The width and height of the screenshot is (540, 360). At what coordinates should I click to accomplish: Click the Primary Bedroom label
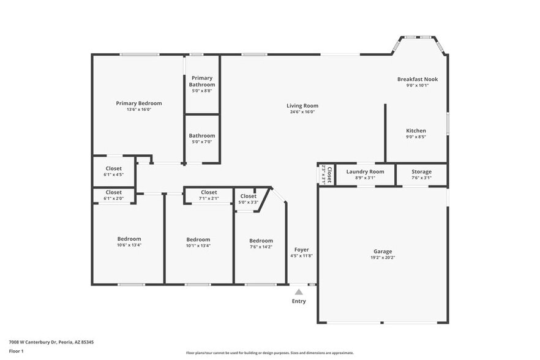click(139, 103)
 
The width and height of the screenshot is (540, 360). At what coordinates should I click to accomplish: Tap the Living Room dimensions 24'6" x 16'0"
click(302, 112)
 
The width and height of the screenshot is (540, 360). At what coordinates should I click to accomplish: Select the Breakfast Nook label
click(418, 79)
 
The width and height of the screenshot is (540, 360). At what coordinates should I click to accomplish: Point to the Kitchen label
click(416, 130)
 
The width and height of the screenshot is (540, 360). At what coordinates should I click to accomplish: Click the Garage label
click(383, 251)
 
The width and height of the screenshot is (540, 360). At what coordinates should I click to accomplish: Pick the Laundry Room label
click(365, 171)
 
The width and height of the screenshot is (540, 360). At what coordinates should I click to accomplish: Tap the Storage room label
click(421, 171)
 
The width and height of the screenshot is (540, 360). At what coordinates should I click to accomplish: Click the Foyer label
click(301, 249)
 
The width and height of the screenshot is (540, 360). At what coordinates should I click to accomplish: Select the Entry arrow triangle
click(299, 292)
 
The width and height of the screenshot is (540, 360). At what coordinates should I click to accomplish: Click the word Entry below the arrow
click(299, 301)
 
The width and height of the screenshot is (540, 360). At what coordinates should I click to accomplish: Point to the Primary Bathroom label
click(202, 81)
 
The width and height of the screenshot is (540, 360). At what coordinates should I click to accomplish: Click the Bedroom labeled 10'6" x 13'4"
click(129, 239)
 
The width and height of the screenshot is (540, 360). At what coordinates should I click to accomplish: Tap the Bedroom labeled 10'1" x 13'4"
click(198, 239)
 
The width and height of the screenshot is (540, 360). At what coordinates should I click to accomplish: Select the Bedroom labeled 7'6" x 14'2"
click(261, 241)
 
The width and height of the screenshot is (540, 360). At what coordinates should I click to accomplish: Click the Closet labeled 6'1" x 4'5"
click(114, 168)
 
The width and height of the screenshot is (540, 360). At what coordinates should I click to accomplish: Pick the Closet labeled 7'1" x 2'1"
click(209, 192)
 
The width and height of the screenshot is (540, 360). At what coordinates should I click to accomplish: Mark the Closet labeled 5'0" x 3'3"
click(248, 196)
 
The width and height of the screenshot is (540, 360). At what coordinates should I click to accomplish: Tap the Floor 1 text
click(16, 351)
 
